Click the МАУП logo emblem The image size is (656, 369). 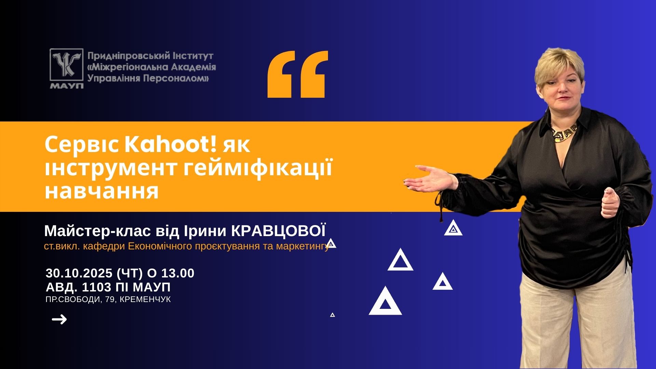click(x=67, y=68)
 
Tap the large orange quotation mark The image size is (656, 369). click(x=298, y=74)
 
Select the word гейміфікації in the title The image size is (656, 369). click(x=258, y=168)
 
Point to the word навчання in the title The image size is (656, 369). click(x=102, y=191)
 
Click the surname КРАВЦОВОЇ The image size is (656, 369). click(x=278, y=231)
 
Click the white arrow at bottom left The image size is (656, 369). click(x=59, y=320)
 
